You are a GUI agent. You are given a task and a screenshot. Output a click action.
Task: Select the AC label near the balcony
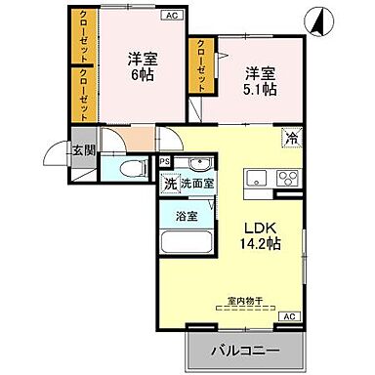coord(289,317)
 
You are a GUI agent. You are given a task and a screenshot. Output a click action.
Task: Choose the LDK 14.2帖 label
coord(261,232)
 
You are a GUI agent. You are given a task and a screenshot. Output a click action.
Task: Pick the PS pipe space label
coord(165,162)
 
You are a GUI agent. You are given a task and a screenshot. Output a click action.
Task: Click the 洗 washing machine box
coord(169,184)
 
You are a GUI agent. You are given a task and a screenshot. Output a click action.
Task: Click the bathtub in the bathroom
coord(186,242)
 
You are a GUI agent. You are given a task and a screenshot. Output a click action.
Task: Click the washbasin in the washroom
coord(200,164)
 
